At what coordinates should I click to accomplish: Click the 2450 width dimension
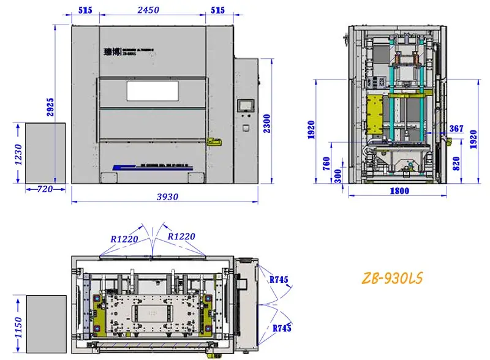click(x=149, y=10)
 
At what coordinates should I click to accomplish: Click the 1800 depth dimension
click(x=399, y=190)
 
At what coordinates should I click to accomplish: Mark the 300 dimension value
click(x=338, y=176)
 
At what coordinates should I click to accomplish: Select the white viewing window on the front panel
click(x=153, y=91)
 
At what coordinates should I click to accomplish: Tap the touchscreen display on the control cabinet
click(x=246, y=105)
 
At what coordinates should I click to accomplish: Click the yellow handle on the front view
click(x=214, y=141)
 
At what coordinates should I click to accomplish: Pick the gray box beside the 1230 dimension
click(x=45, y=152)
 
